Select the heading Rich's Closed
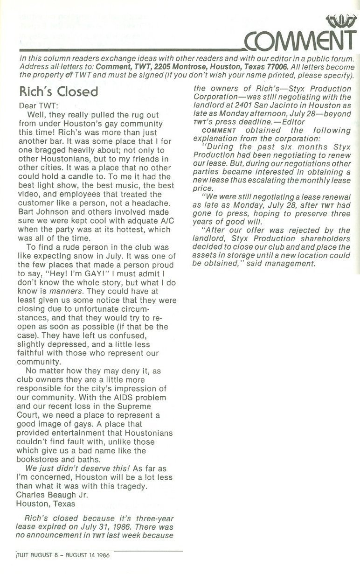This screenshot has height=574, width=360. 58,91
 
